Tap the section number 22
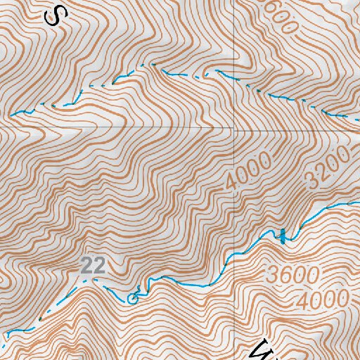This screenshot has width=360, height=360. pyautogui.click(x=94, y=265)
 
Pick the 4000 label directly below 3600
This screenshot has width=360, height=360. pyautogui.click(x=322, y=300)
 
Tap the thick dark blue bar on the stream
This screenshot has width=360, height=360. pyautogui.click(x=283, y=236)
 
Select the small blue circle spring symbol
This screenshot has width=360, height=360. pyautogui.click(x=131, y=298)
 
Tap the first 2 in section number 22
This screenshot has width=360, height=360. pyautogui.click(x=87, y=265)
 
